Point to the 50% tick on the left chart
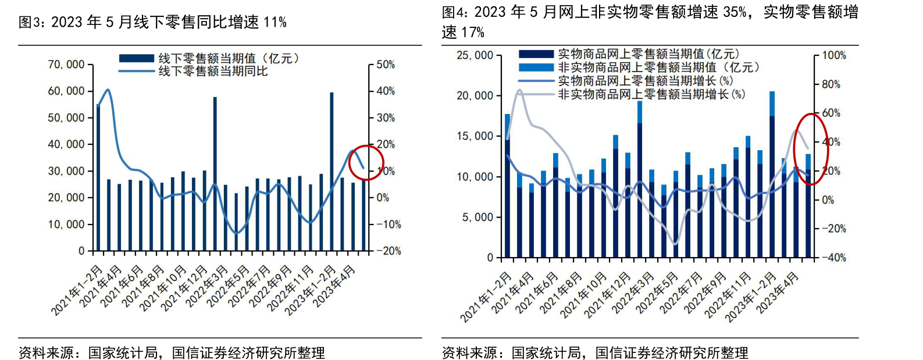pyautogui.click(x=385, y=65)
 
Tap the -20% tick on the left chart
pyautogui.click(x=388, y=251)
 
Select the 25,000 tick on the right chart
pyautogui.click(x=475, y=55)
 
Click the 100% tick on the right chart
pyautogui.click(x=834, y=55)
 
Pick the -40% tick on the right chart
pyautogui.click(x=833, y=258)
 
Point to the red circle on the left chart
pyautogui.click(x=366, y=162)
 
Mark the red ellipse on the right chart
pyautogui.click(x=811, y=148)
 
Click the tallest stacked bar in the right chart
pyautogui.click(x=772, y=174)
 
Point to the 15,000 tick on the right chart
pyautogui.click(x=475, y=136)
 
